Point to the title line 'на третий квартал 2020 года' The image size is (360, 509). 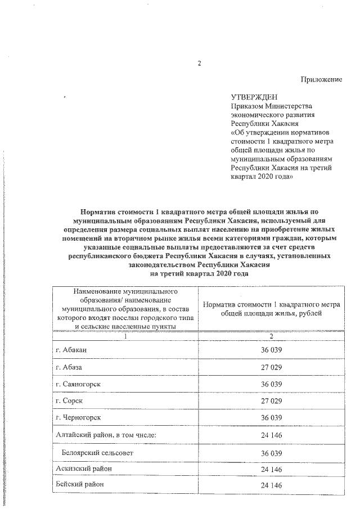coord(199,273)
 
